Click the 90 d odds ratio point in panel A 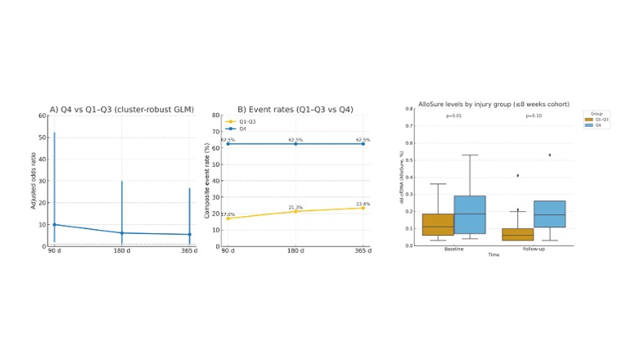coord(54,224)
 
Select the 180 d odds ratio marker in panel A coord(122,232)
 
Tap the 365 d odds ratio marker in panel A coord(189,234)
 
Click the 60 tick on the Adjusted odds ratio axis coord(42,115)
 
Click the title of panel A coord(121,109)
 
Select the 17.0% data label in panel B coord(228,214)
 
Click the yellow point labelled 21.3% coord(295,211)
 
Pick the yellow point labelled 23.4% coord(363,208)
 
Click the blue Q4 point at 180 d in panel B coord(295,144)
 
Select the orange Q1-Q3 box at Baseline coord(438,224)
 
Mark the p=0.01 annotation coord(454,116)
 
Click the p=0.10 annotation coord(534,116)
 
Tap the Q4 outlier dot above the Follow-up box coord(549,155)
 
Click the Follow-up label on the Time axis coord(534,249)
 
